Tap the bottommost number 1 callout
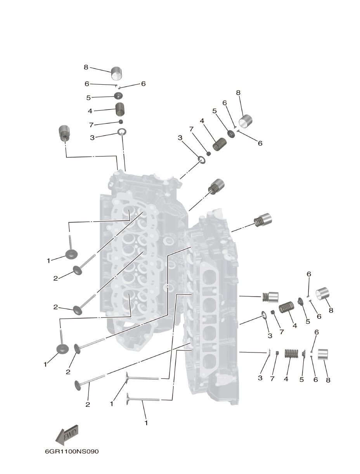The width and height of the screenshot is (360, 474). tap(146, 422)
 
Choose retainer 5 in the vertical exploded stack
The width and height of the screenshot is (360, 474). tap(119, 95)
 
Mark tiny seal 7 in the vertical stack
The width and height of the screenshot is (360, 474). tap(121, 122)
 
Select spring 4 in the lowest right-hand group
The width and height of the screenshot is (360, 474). tap(291, 353)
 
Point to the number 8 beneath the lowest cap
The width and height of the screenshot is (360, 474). tap(328, 380)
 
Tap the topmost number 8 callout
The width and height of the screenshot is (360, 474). tap(86, 67)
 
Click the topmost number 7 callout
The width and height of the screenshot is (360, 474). tap(91, 125)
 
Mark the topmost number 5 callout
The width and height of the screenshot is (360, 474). tap(88, 98)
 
